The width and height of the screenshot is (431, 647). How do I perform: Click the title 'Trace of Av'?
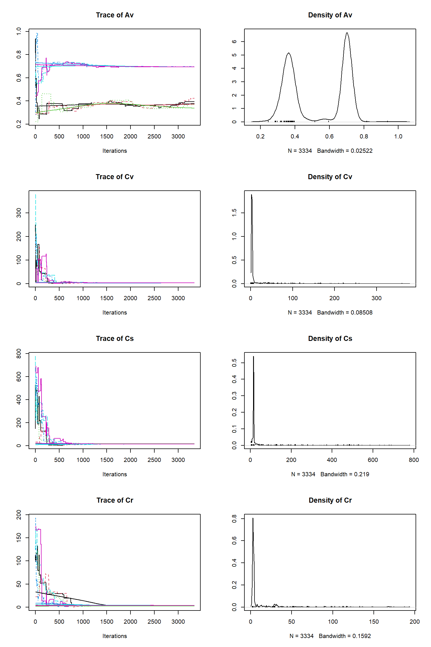coord(114,15)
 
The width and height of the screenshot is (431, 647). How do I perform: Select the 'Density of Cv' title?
coord(330,177)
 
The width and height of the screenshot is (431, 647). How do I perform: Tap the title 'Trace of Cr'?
coord(114,500)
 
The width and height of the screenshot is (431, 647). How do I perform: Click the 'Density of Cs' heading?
coord(330,339)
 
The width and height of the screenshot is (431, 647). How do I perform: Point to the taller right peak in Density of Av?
coord(347,33)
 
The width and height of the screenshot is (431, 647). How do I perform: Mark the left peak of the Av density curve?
coord(288,53)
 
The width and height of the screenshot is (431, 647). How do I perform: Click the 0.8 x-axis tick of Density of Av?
coord(364,136)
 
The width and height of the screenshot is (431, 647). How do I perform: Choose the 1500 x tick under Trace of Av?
coord(107,136)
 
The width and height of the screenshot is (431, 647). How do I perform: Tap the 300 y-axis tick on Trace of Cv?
coord(19,213)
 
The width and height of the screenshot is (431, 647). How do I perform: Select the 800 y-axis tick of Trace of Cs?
coord(19,354)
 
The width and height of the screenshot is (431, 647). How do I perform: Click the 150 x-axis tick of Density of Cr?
coord(374,622)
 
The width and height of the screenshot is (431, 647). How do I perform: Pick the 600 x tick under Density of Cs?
coord(373,460)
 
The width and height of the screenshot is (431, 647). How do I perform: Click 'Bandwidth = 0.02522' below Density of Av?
coord(345,151)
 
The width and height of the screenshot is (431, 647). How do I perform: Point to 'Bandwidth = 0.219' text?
coord(345,474)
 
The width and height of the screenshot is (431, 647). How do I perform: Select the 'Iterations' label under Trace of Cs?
coord(114,474)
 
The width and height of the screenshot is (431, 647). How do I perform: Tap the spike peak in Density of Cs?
coord(253,357)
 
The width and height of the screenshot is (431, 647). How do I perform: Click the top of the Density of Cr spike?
coord(253,518)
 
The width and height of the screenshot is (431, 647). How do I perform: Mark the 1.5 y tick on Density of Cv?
coord(234,213)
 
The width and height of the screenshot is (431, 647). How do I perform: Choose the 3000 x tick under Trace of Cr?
coord(178,622)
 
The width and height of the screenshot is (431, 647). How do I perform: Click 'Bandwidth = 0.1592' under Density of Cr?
coord(345,636)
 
